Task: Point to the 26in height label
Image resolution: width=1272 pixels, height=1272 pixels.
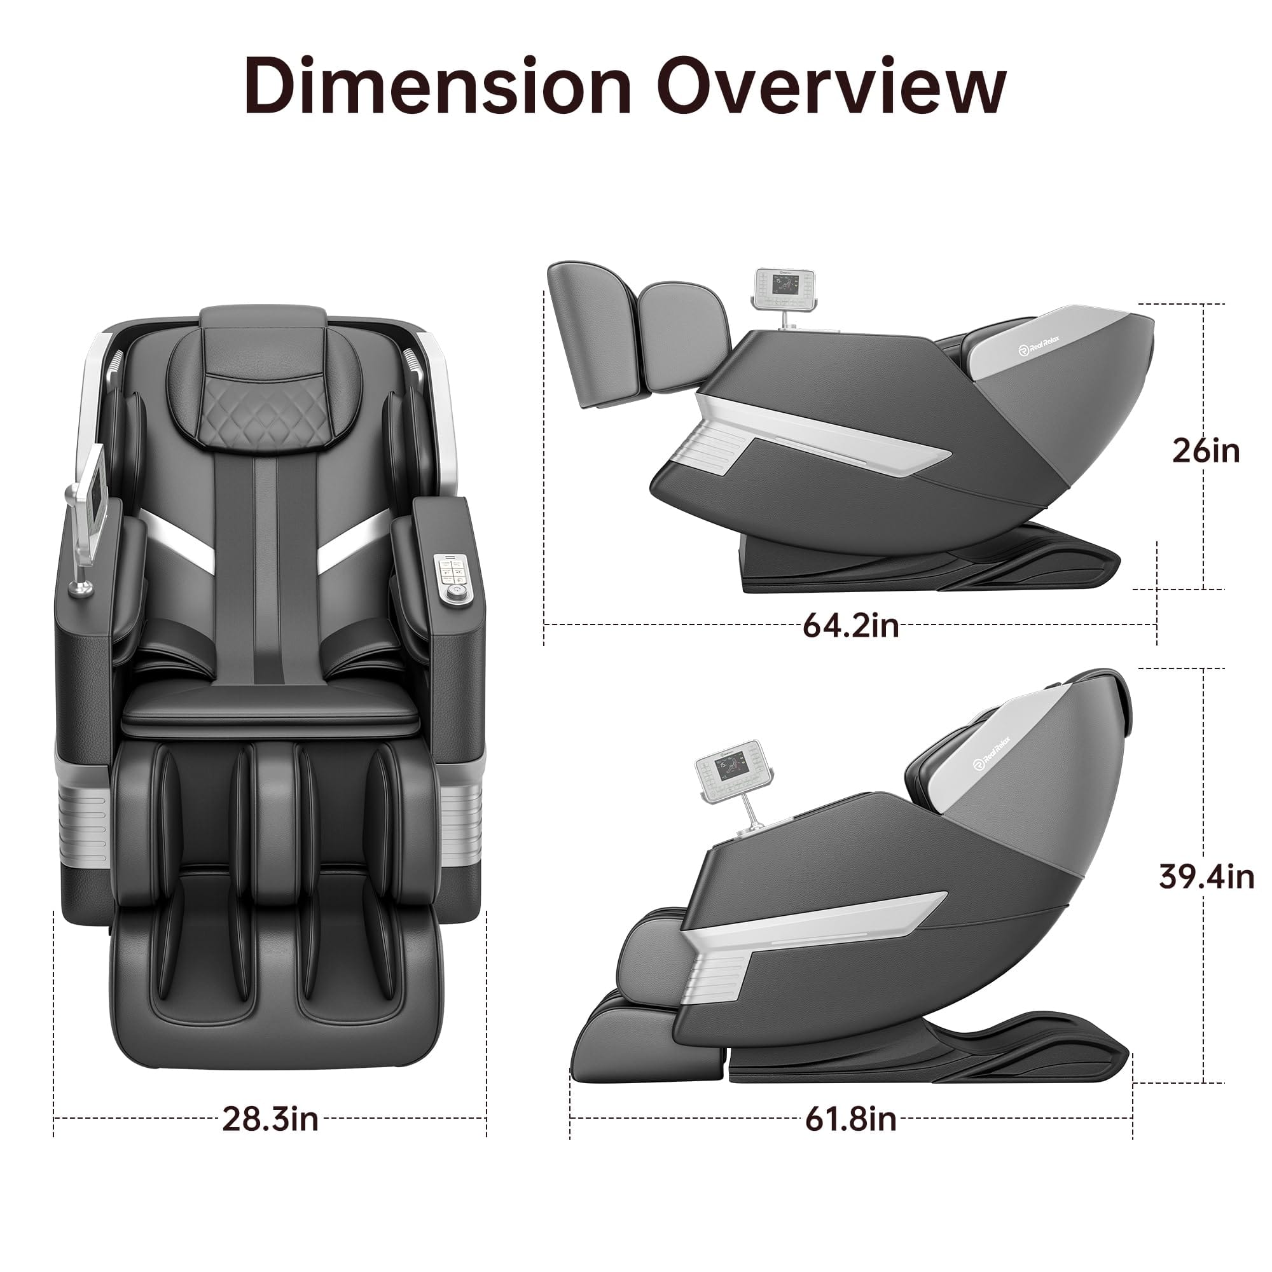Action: pos(1205,451)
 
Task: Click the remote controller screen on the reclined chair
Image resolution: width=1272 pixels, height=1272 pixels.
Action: pos(785,285)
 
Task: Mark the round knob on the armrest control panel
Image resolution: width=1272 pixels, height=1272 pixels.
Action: pos(453,593)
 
